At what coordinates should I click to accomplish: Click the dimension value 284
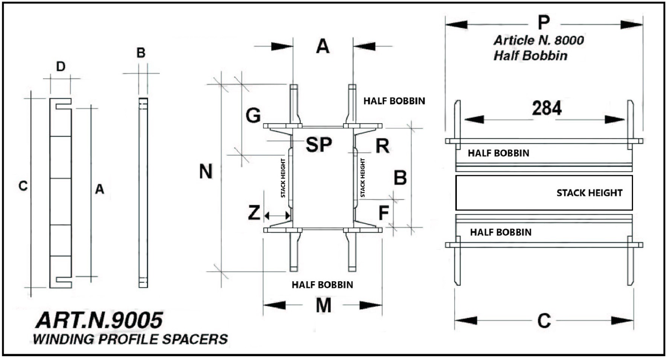pyautogui.click(x=547, y=108)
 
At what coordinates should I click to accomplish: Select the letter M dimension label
pyautogui.click(x=323, y=305)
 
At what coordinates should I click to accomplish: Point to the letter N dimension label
pyautogui.click(x=206, y=172)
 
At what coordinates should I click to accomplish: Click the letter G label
pyautogui.click(x=253, y=114)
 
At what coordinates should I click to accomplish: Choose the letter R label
pyautogui.click(x=382, y=145)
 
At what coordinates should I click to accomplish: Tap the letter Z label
pyautogui.click(x=254, y=214)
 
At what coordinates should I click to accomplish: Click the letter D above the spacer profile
pyautogui.click(x=61, y=67)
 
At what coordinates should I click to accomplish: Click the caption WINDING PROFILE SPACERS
pyautogui.click(x=129, y=340)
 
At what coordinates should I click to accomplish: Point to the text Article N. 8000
pyautogui.click(x=538, y=40)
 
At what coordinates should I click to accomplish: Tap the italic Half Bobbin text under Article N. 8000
pyautogui.click(x=530, y=55)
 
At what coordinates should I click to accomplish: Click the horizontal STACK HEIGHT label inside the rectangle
pyautogui.click(x=589, y=193)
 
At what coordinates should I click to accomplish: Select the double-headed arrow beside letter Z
pyautogui.click(x=277, y=215)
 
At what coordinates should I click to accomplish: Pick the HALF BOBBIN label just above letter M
pyautogui.click(x=322, y=284)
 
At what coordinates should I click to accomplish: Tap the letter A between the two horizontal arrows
pyautogui.click(x=322, y=47)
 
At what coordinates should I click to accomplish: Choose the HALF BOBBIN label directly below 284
pyautogui.click(x=499, y=153)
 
